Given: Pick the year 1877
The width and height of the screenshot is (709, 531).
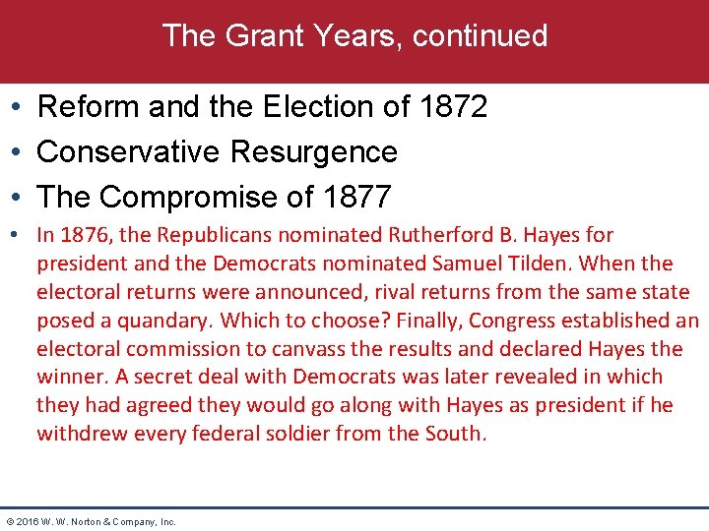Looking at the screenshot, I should tap(356, 197).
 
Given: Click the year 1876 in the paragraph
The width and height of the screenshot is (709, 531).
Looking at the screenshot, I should tap(81, 235).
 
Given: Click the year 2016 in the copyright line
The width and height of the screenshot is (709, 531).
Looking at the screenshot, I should tap(29, 521).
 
